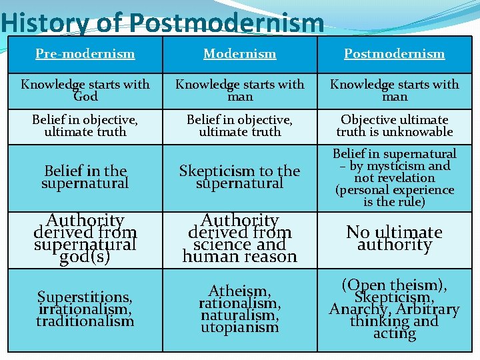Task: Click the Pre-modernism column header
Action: (x=85, y=53)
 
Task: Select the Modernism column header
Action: (x=239, y=53)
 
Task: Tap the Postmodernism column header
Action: (x=394, y=53)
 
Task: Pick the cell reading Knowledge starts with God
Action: (x=85, y=90)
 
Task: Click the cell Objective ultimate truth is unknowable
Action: (x=394, y=125)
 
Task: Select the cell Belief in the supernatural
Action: (x=85, y=177)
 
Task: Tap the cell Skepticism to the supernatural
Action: (x=239, y=177)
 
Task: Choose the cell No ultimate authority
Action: (x=394, y=238)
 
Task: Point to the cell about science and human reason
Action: (x=239, y=238)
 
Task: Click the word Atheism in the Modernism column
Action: (x=239, y=291)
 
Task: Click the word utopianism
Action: (x=239, y=327)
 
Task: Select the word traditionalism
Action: (x=85, y=321)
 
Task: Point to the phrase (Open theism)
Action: (x=394, y=285)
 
